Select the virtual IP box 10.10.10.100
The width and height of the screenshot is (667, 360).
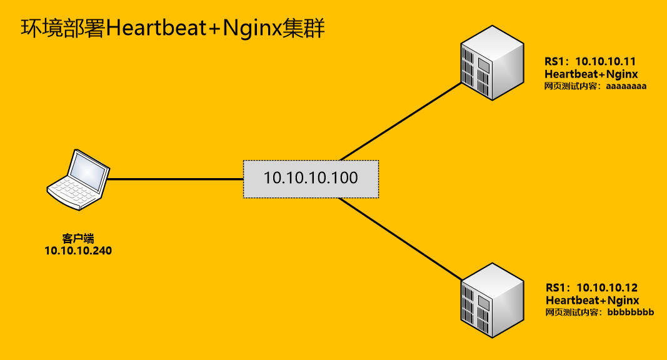pyautogui.click(x=311, y=179)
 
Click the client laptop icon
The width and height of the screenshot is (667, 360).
pyautogui.click(x=78, y=178)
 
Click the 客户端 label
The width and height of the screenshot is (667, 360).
pyautogui.click(x=78, y=238)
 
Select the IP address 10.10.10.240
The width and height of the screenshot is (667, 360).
pyautogui.click(x=78, y=251)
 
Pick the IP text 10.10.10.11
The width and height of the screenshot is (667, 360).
pyautogui.click(x=605, y=61)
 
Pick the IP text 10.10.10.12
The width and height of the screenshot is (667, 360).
pyautogui.click(x=606, y=287)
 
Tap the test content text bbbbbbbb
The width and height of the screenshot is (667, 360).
pyautogui.click(x=629, y=312)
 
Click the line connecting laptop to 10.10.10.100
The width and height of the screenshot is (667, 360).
pyautogui.click(x=175, y=179)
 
